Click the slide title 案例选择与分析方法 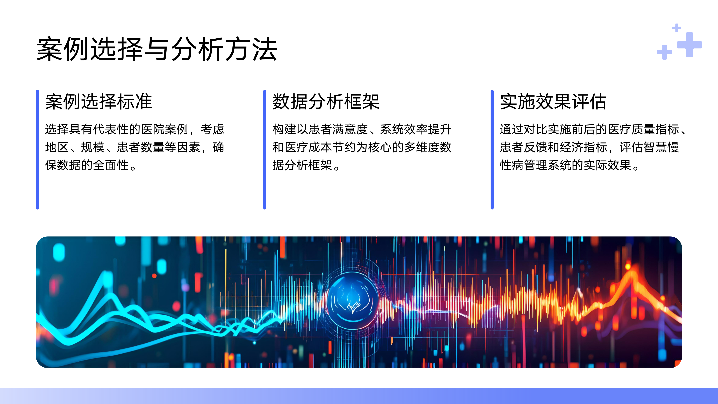click(x=157, y=49)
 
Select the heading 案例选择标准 click(x=98, y=101)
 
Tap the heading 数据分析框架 click(x=326, y=101)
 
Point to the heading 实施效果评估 click(x=553, y=101)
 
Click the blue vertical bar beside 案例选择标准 click(x=37, y=149)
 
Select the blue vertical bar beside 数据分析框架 click(x=265, y=149)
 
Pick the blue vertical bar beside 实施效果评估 click(x=492, y=149)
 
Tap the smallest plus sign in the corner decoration click(x=677, y=28)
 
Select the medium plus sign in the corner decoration click(x=665, y=52)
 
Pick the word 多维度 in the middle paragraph click(x=421, y=147)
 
